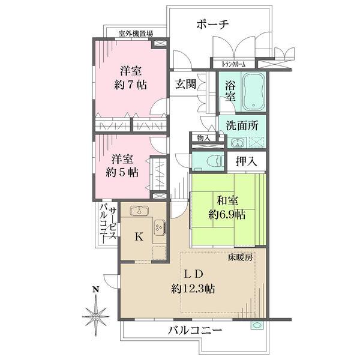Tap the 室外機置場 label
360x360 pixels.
[x=135, y=34]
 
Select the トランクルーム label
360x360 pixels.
[x=234, y=64]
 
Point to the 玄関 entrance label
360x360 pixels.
[x=185, y=84]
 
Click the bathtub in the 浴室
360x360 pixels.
[x=256, y=93]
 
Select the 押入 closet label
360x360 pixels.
[x=244, y=161]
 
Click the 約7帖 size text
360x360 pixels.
[x=131, y=84]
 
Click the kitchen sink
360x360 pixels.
[x=139, y=211]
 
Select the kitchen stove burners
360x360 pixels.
[x=160, y=227]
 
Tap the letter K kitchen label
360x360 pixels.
[x=139, y=236]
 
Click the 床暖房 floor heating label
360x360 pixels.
[x=240, y=257]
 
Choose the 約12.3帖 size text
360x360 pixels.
[x=193, y=288]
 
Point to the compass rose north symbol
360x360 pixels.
[x=95, y=313]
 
